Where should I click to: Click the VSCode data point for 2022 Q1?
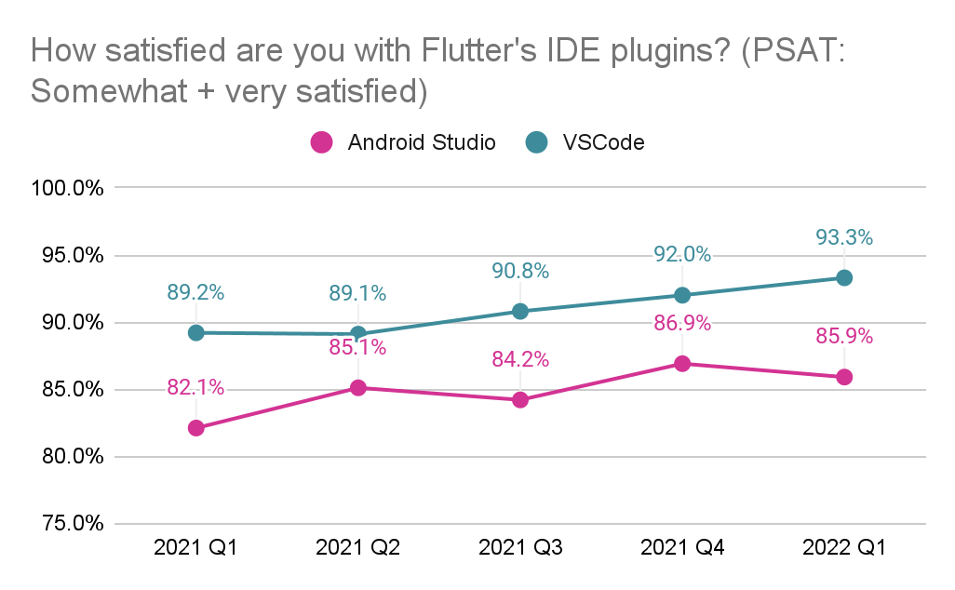(x=843, y=277)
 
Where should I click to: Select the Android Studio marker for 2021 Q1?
(x=195, y=428)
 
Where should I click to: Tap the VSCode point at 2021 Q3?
(x=519, y=311)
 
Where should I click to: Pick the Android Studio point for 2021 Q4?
(x=681, y=364)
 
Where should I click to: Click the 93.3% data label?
(x=843, y=238)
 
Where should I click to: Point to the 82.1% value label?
(x=195, y=388)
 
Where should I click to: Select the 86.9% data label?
(x=681, y=324)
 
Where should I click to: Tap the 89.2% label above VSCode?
(x=195, y=293)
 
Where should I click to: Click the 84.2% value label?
(x=519, y=360)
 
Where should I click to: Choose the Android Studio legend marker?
(x=320, y=142)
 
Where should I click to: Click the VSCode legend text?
(x=602, y=142)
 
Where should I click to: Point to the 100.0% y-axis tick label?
(x=66, y=189)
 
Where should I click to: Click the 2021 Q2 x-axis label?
(x=357, y=548)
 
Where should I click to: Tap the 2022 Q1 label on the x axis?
(x=843, y=548)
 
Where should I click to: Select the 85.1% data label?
(x=357, y=348)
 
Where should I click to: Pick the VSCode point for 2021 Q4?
(x=681, y=295)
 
